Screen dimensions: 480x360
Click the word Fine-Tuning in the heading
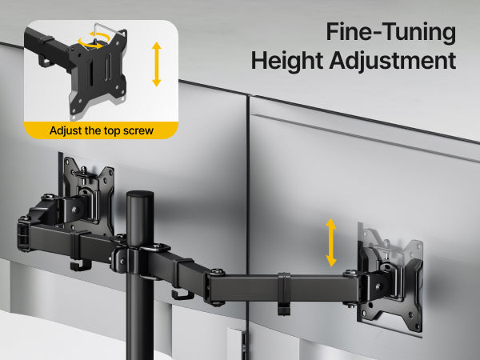pos(391,32)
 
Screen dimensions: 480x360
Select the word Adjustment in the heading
pos(393,61)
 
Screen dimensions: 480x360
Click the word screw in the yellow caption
pos(138,130)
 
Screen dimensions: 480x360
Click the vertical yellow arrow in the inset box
pos(157,64)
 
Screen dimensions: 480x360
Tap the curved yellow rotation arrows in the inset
pos(94,41)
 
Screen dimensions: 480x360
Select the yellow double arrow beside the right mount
pos(331,242)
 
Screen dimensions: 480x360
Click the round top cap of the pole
pos(140,196)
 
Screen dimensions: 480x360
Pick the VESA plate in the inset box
pos(98,71)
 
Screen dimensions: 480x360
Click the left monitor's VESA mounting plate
pos(88,193)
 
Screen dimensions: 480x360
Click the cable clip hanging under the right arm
pos(284,294)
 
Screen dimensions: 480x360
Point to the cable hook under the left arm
pos(81,265)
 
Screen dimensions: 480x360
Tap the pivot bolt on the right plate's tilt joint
pos(378,286)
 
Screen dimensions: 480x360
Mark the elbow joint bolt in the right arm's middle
pos(217,271)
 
